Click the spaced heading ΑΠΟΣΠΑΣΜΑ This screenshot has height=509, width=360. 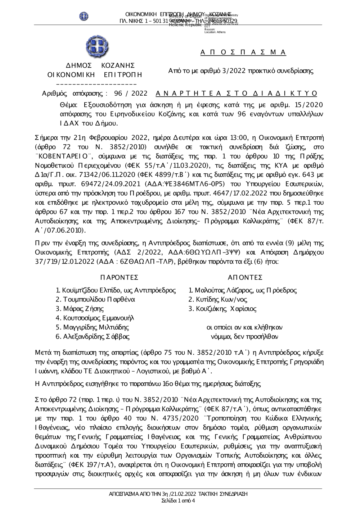[243, 53]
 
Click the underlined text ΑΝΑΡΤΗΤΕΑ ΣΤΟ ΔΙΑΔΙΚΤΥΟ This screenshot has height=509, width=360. [237, 94]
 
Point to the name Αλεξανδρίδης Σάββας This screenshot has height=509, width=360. [96, 337]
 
